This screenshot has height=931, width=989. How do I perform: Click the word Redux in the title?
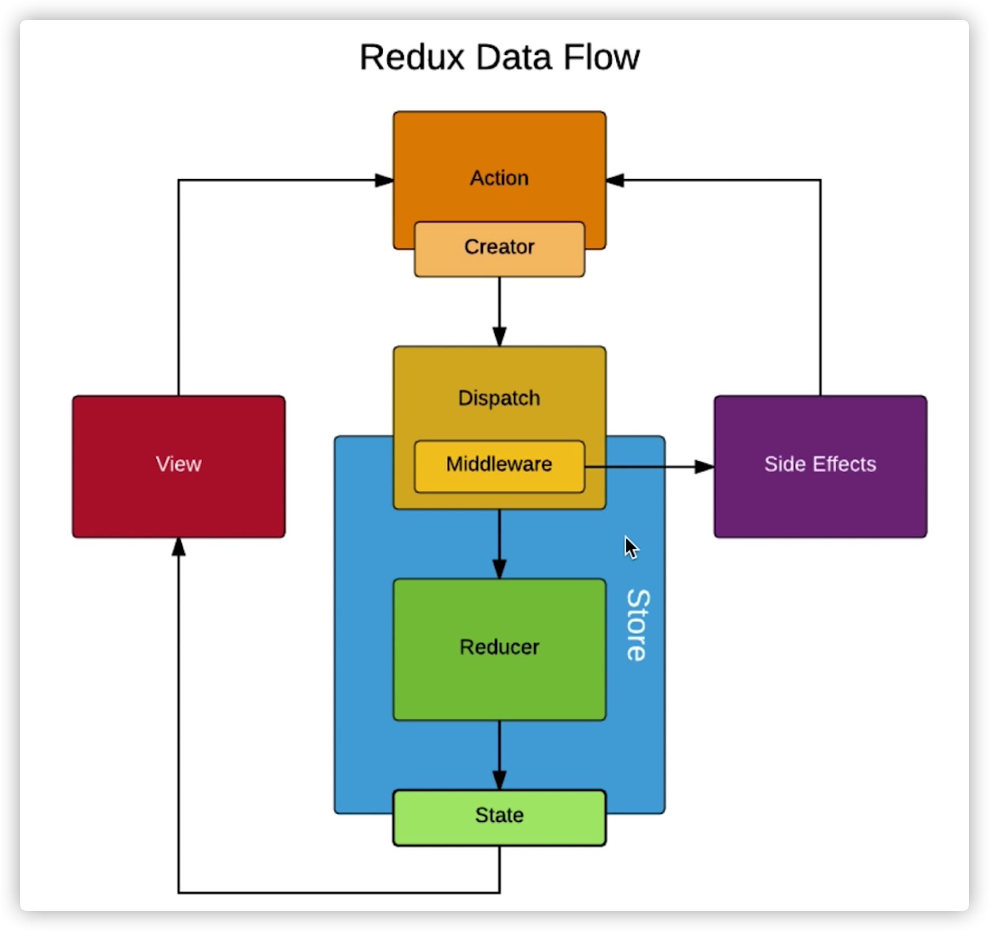coord(412,57)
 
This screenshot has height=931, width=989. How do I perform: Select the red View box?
coord(179,466)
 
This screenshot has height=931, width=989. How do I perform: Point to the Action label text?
coord(499,178)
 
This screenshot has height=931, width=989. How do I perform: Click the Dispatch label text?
coord(499,398)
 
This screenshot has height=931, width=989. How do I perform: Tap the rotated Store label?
coord(637,625)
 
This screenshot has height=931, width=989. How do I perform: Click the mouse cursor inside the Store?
coord(631,547)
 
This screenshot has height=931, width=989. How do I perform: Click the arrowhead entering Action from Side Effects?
coord(615,180)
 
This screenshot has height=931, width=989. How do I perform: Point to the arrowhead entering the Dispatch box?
coord(499,337)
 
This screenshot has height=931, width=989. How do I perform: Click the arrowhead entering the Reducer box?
coord(499,569)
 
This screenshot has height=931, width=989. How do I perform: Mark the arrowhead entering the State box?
coord(499,780)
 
